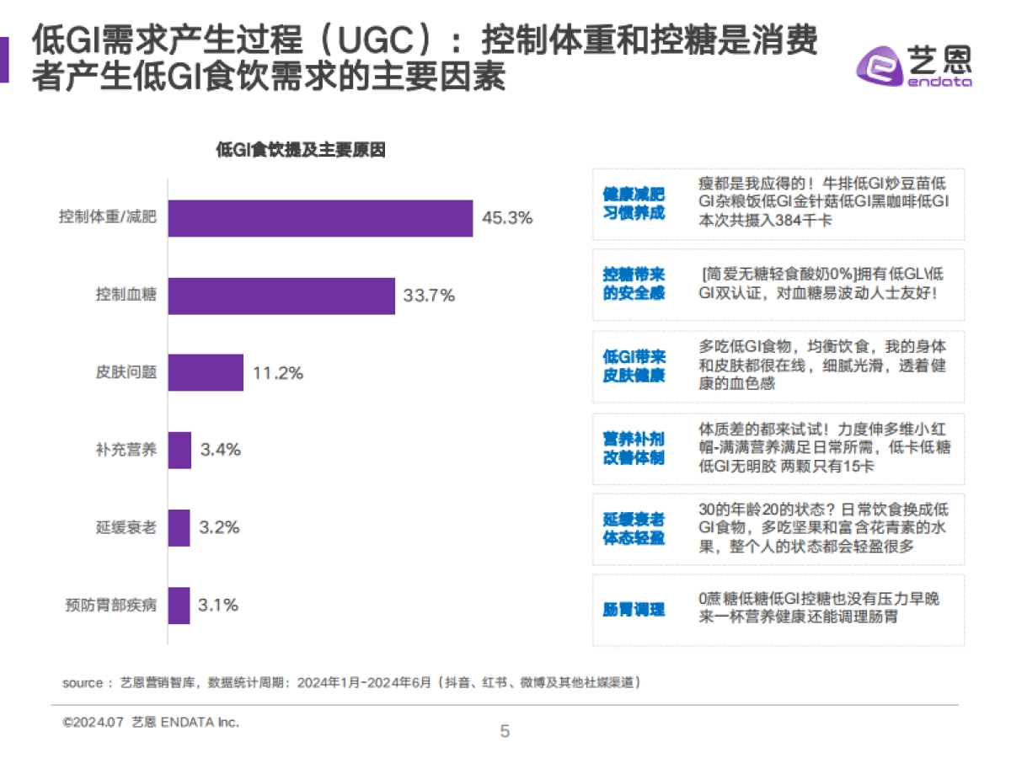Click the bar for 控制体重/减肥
click(320, 218)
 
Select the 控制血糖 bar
click(281, 296)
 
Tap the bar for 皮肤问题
click(206, 372)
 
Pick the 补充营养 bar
click(179, 450)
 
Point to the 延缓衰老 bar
click(179, 527)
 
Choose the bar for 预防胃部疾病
click(179, 605)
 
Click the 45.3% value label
click(507, 218)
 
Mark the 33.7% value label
click(429, 296)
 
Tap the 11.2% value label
click(277, 372)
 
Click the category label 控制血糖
click(126, 296)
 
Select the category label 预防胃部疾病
click(110, 605)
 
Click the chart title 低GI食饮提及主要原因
click(301, 151)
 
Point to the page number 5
click(505, 731)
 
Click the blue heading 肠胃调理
click(634, 610)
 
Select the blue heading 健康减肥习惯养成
click(634, 204)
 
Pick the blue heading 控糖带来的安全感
click(634, 285)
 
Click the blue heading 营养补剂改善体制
click(634, 448)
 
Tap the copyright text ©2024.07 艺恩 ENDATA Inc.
click(151, 722)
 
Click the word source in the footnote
click(82, 682)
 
